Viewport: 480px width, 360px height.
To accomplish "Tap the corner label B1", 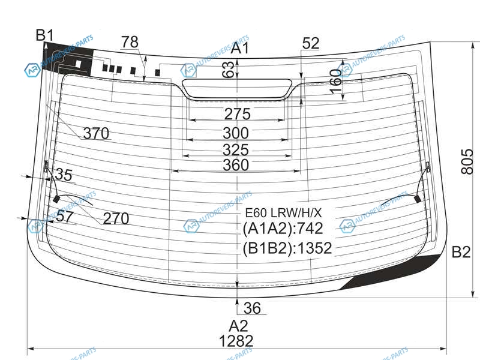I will point(45,35).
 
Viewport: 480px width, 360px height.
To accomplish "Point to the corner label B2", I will point(461,253).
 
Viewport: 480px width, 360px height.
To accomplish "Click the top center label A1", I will point(241,49).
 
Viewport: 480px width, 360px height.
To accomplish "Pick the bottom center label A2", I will point(238,326).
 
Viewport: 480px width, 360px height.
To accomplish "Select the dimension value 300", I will point(236,133).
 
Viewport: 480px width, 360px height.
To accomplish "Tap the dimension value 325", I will point(236,149).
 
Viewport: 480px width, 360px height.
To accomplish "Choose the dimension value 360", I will point(236,165).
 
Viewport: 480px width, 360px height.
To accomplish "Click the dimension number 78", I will point(130,42).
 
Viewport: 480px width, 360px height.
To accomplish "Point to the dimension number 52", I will point(311,43).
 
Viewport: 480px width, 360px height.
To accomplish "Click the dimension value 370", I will point(96,133).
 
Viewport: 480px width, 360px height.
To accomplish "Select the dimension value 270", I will point(116,219).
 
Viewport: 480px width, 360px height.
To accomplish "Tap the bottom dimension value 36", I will point(253,308).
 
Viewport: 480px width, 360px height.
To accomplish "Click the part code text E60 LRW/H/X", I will point(283,212).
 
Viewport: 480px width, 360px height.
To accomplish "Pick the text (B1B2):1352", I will point(287,248).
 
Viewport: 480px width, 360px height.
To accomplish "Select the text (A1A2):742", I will point(283,229).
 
